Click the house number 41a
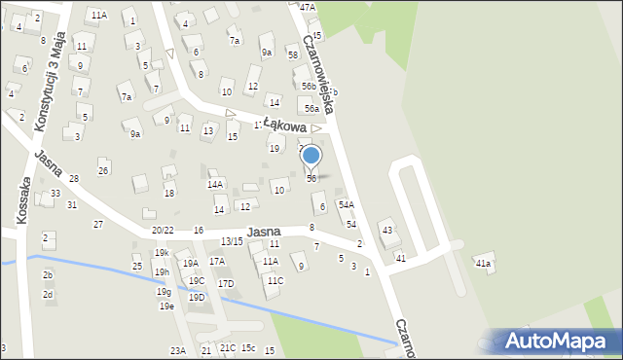(x=483, y=264)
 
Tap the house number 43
(x=387, y=230)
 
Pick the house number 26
(x=103, y=171)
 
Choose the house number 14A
(x=215, y=184)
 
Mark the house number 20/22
(x=163, y=230)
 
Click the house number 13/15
(x=232, y=241)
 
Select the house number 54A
(x=346, y=205)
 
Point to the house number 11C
(x=275, y=281)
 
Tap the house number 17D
(x=226, y=283)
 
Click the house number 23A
(x=177, y=350)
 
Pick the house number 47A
(x=308, y=7)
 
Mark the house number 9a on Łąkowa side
(x=136, y=134)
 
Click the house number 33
(x=55, y=194)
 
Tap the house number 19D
(x=197, y=297)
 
